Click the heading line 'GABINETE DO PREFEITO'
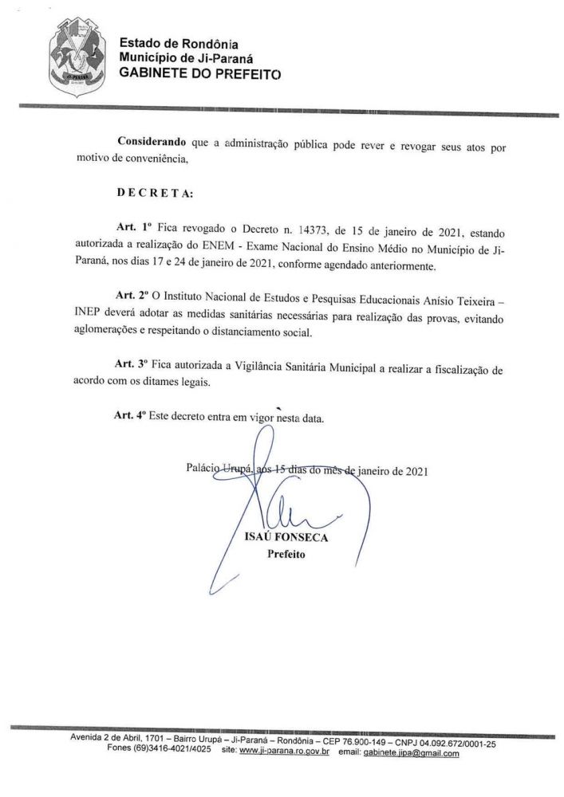188,73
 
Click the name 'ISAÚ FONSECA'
291,538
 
